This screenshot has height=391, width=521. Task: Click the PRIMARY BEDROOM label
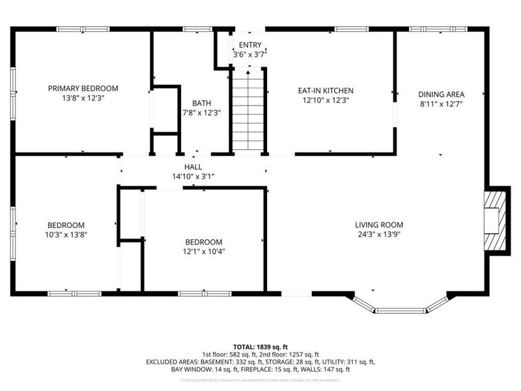tap(83, 88)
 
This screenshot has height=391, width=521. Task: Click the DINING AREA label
tap(441, 94)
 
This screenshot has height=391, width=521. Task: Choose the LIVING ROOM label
tap(379, 225)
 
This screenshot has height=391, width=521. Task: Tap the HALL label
tap(193, 167)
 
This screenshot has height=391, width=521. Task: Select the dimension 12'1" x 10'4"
tap(204, 251)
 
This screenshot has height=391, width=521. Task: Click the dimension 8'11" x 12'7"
tap(441, 103)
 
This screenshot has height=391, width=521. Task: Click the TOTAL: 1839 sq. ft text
tap(260, 346)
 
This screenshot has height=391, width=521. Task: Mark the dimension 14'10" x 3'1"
tap(193, 176)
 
